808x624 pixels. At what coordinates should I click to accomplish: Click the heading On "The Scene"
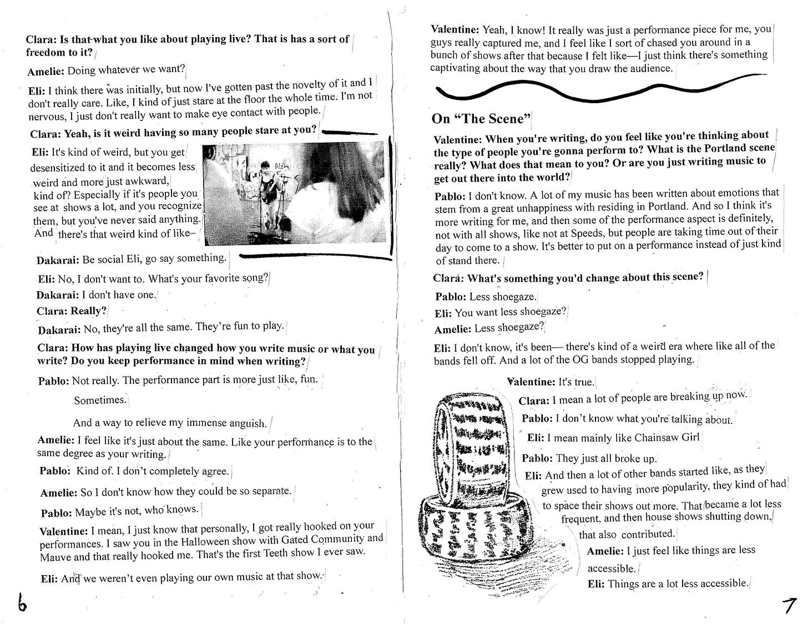[x=481, y=119]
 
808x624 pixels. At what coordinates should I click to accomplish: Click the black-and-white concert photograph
[x=294, y=193]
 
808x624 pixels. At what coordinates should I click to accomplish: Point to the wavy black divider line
[x=599, y=89]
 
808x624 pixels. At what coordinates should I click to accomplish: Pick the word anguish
[x=243, y=423]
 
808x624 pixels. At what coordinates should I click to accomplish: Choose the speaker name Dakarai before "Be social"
[x=58, y=260]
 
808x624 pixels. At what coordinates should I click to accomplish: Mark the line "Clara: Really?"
[x=71, y=311]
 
